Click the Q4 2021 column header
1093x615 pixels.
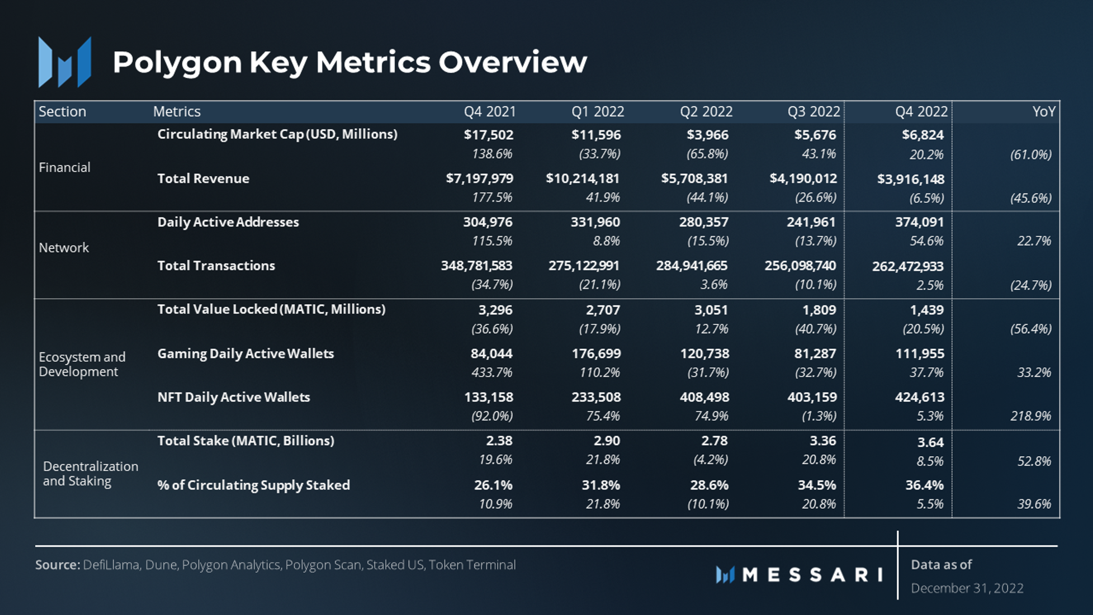pyautogui.click(x=489, y=112)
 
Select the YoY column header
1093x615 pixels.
pyautogui.click(x=1044, y=112)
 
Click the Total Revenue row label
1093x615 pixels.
pyautogui.click(x=203, y=179)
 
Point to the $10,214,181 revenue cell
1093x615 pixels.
pyautogui.click(x=582, y=179)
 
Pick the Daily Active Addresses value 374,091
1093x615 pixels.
pyautogui.click(x=919, y=222)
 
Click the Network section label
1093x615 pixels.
pyautogui.click(x=64, y=248)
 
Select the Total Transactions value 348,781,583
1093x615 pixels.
pyautogui.click(x=476, y=266)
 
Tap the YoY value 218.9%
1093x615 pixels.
pyautogui.click(x=1030, y=416)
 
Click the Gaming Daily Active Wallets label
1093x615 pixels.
pyautogui.click(x=245, y=354)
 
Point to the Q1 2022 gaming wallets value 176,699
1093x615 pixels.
pyautogui.click(x=595, y=354)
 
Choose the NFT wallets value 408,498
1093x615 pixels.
pyautogui.click(x=704, y=397)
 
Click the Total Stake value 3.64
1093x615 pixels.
pyautogui.click(x=930, y=442)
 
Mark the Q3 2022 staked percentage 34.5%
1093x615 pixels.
pyautogui.click(x=816, y=485)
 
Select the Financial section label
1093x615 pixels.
pyautogui.click(x=64, y=167)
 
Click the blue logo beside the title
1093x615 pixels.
pyautogui.click(x=65, y=62)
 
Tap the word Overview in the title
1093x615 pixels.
pyautogui.click(x=512, y=62)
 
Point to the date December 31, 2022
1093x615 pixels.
pyautogui.click(x=967, y=588)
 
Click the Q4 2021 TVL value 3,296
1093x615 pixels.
pyautogui.click(x=495, y=310)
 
